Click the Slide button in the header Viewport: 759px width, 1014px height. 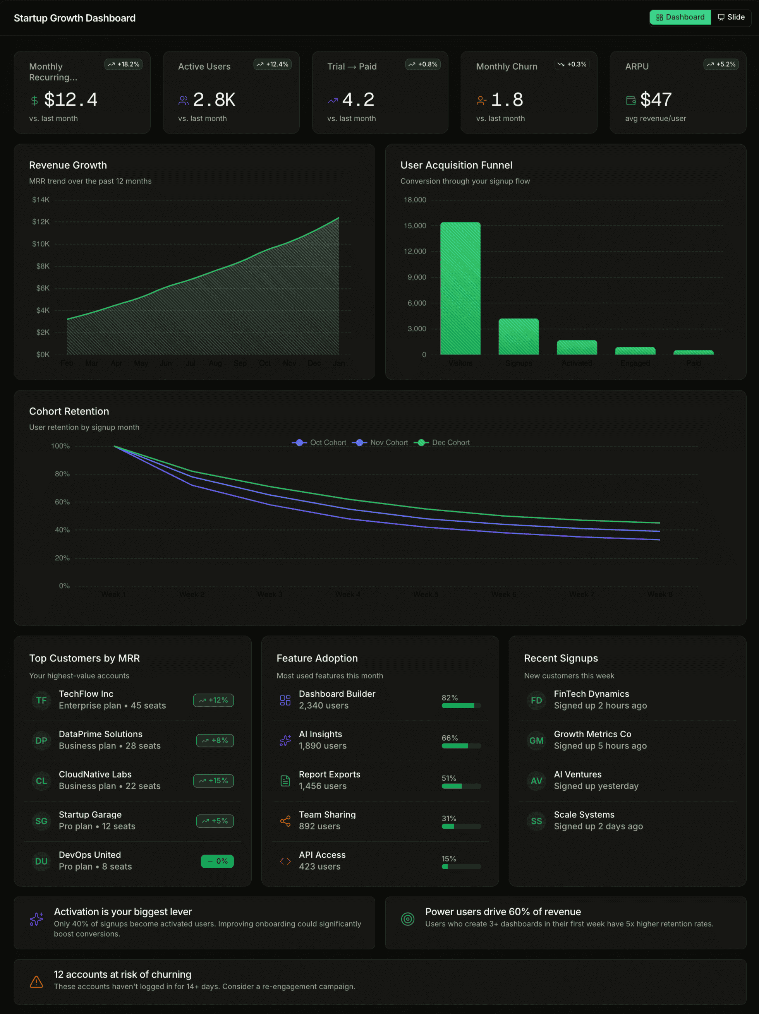(731, 17)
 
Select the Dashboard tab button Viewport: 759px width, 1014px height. (680, 17)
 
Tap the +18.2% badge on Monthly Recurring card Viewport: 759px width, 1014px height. (124, 64)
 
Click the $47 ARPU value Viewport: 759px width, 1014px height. (656, 99)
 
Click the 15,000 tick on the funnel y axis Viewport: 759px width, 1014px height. (415, 226)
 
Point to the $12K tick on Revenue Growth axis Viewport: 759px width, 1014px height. (41, 222)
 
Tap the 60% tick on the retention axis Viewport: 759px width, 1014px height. (62, 502)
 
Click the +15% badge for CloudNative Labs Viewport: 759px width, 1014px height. (213, 781)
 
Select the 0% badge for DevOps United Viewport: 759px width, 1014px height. (217, 862)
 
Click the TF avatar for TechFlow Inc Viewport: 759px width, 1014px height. (41, 700)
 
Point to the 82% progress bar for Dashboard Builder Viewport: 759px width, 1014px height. (461, 706)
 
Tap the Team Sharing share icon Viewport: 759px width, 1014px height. (285, 821)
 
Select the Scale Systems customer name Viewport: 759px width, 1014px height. (584, 815)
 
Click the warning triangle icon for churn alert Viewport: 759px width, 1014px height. (36, 981)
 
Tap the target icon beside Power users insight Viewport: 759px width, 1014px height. (408, 919)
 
